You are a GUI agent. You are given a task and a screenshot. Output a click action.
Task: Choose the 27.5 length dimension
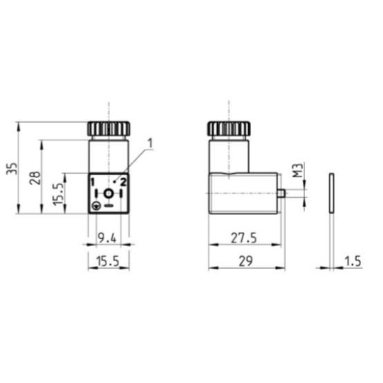243,237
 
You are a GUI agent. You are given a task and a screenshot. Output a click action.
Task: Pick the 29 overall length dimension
244,261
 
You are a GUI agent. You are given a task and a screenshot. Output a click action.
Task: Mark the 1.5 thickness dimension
353,261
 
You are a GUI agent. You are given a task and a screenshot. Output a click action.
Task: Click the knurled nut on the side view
228,130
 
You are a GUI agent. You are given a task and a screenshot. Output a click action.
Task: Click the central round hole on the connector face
108,194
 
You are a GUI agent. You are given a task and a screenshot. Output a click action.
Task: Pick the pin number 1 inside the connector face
92,182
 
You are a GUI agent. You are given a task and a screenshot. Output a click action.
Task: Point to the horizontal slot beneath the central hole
108,206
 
